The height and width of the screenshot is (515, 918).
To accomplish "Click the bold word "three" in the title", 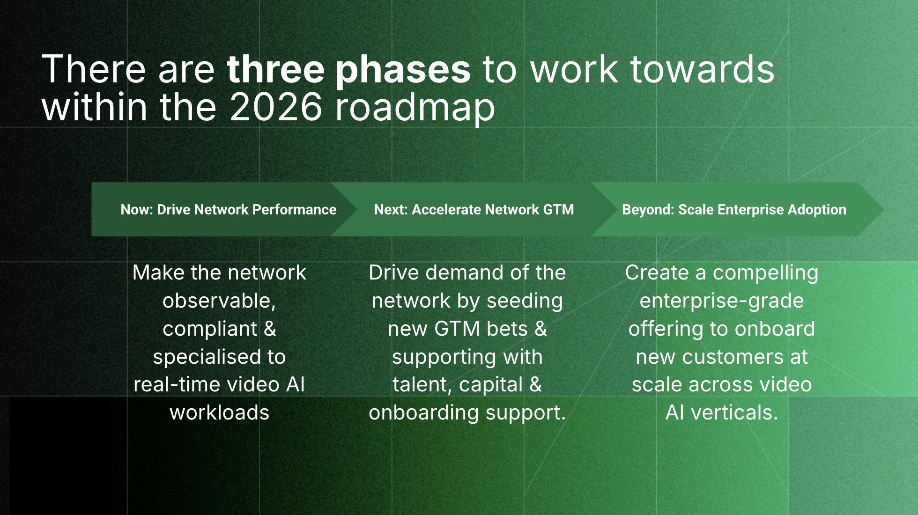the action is [x=276, y=69].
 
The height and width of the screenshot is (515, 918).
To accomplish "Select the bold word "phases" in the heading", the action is [x=403, y=70].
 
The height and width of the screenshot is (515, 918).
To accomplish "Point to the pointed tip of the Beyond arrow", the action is [x=884, y=209].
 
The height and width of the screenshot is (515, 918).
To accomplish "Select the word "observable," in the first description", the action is [x=219, y=301].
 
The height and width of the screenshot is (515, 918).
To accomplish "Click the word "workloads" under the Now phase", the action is [x=219, y=413].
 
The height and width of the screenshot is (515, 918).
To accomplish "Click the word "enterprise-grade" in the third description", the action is [x=721, y=301].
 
